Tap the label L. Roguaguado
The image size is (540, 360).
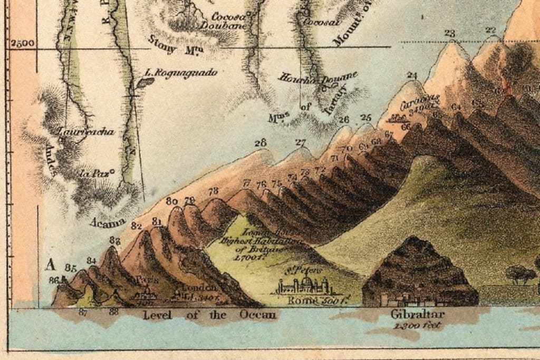click(181, 73)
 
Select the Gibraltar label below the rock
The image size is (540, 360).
click(418, 315)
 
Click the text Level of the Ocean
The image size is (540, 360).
click(209, 315)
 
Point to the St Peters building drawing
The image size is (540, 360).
click(304, 285)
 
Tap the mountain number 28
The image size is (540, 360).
click(260, 143)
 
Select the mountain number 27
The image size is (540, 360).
click(301, 142)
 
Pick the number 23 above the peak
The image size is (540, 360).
click(449, 33)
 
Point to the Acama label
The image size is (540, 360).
click(107, 222)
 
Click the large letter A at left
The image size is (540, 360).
click(51, 264)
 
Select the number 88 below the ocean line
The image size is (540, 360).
click(113, 312)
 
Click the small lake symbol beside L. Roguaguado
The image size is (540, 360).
click(145, 82)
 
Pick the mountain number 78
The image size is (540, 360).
click(213, 191)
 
